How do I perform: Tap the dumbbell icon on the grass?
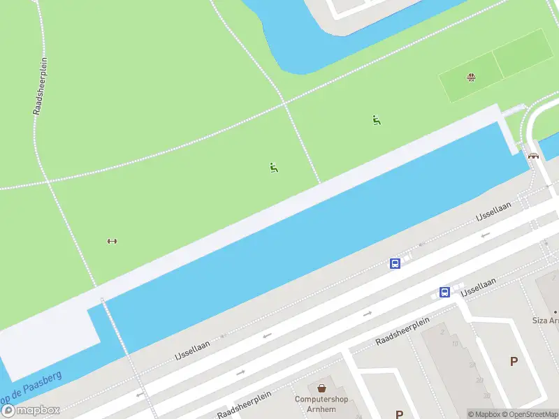[x=112, y=241]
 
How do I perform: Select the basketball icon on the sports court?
[x=472, y=77]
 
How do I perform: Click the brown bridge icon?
[x=534, y=156]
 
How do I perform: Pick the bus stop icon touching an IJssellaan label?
[x=444, y=292]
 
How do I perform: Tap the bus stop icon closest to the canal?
[x=395, y=263]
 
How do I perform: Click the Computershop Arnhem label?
[x=321, y=404]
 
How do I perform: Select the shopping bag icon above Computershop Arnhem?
[x=321, y=388]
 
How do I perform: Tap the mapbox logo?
[x=31, y=411]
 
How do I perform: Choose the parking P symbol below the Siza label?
[x=514, y=361]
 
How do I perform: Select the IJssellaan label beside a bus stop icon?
[x=479, y=286]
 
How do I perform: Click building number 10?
[x=454, y=344]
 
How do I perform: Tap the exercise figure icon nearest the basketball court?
[x=377, y=120]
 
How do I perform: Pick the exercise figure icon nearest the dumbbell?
[x=274, y=167]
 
